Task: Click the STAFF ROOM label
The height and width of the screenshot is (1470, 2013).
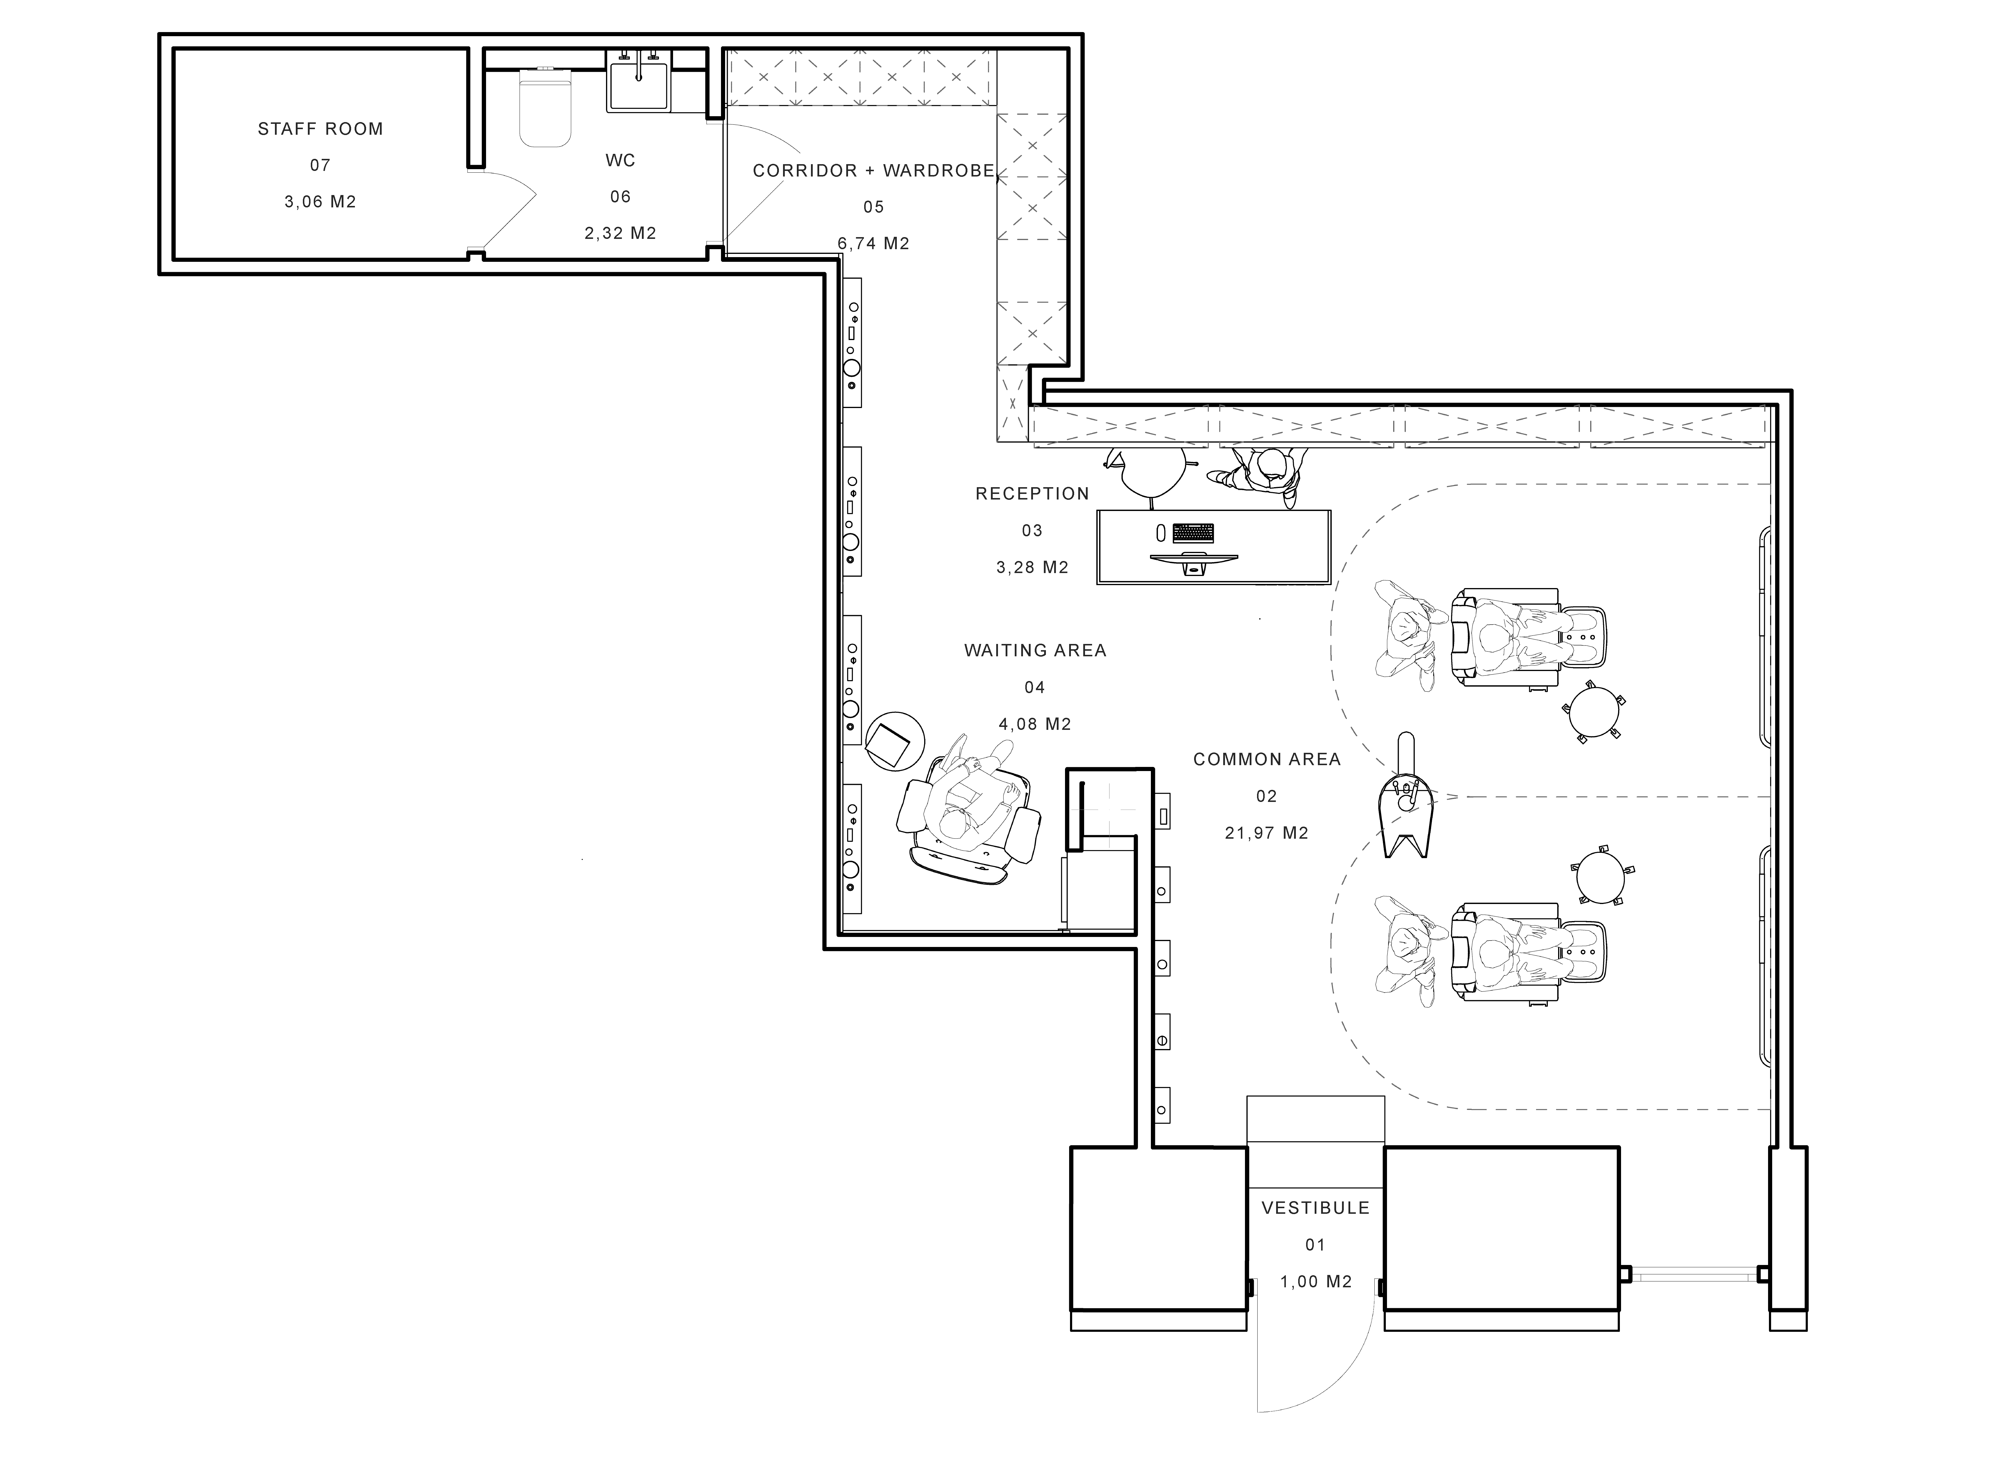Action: pos(320,129)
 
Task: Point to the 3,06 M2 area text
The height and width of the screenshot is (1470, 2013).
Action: pos(320,202)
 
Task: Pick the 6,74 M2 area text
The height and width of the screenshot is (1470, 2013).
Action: pos(874,243)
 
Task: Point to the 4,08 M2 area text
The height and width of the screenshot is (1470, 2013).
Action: pos(1034,724)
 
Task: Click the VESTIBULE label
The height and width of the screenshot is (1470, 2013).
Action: pos(1315,1208)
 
